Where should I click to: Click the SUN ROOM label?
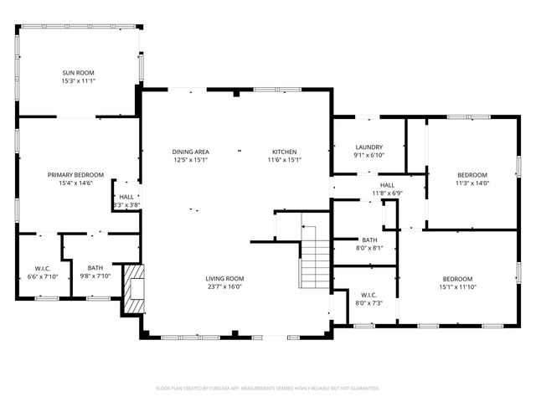[79, 73]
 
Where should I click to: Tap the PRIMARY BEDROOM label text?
[75, 174]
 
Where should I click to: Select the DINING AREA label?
[191, 151]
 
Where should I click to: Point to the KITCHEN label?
[284, 151]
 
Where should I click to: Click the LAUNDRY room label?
[368, 147]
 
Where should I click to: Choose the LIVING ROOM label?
[225, 278]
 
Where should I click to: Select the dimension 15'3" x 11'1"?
[79, 81]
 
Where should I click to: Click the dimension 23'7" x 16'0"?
[225, 286]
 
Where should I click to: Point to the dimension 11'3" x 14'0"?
[472, 183]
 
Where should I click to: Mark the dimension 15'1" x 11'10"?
[457, 286]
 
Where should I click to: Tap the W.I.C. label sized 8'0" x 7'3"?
[368, 295]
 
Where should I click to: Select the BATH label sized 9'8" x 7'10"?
[95, 268]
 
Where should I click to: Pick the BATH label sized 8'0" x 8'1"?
[369, 240]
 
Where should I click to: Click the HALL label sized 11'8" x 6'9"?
[387, 185]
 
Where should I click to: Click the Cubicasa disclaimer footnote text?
[268, 389]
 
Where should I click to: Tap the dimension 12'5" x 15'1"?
[191, 159]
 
